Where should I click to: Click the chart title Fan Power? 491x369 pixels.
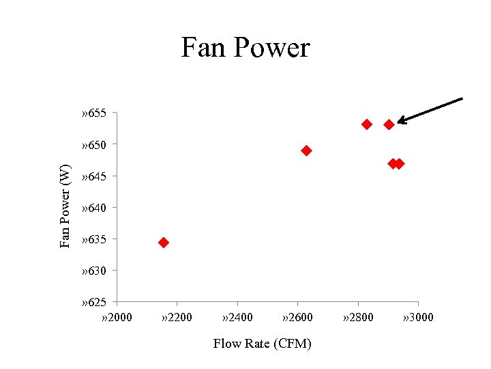[245, 48]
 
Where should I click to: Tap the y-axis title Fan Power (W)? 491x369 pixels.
[65, 206]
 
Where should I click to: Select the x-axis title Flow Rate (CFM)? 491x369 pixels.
[262, 343]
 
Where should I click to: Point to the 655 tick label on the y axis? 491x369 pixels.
[93, 113]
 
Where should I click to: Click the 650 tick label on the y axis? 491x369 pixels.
[93, 144]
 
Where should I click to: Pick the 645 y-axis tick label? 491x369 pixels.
[93, 176]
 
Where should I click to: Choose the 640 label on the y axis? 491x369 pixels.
[93, 208]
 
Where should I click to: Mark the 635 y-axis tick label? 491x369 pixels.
[93, 239]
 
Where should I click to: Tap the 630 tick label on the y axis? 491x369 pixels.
[93, 271]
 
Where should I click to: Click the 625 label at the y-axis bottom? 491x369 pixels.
[93, 302]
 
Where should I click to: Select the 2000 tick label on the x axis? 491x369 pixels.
[116, 317]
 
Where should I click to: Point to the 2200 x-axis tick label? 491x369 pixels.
[177, 317]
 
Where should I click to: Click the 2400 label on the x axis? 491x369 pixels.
[237, 317]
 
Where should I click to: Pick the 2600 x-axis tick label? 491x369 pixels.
[297, 317]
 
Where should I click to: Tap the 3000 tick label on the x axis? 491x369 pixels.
[418, 317]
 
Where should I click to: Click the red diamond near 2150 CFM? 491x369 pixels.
[164, 243]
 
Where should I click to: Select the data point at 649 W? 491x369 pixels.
[306, 150]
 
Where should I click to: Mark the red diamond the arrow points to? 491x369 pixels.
[389, 124]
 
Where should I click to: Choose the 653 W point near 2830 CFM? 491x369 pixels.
[367, 124]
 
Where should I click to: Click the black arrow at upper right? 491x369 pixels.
[430, 111]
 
